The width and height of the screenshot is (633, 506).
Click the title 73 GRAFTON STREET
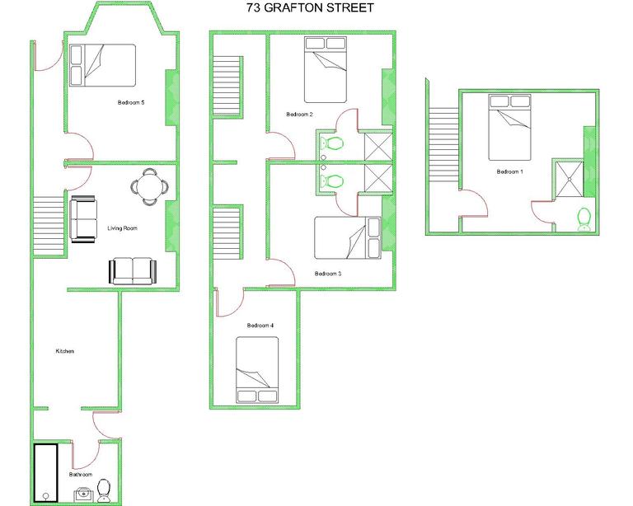310,8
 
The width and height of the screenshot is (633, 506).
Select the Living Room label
122,228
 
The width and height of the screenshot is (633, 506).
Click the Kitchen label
64,351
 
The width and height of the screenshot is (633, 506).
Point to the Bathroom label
80,475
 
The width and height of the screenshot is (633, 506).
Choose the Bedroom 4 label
260,326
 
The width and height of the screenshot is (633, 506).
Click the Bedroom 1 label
509,172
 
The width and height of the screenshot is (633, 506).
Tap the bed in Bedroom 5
102,64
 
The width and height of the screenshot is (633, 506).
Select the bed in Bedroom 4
257,371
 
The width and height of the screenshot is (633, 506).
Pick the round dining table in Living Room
148,186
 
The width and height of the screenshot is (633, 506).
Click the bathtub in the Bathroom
45,473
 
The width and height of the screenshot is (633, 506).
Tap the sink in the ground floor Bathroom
82,494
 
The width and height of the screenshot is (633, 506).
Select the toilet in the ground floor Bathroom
105,491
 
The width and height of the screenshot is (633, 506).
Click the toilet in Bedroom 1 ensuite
584,218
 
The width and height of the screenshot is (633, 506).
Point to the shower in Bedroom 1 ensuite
567,180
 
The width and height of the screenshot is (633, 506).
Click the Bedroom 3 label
328,274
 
